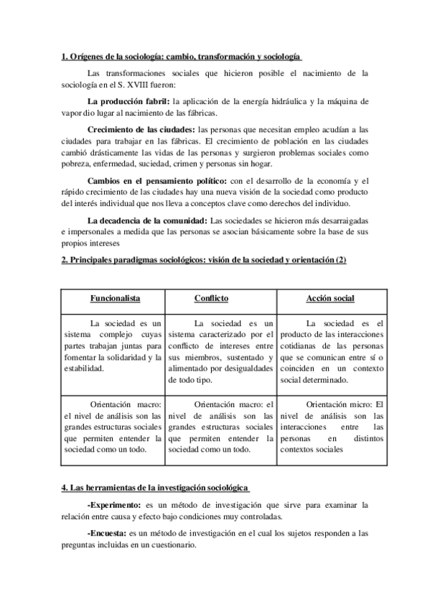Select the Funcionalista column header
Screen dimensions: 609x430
(x=115, y=298)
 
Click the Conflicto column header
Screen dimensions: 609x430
(x=211, y=298)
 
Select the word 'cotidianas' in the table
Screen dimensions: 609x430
(x=299, y=345)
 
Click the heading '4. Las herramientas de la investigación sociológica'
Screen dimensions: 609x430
(x=155, y=488)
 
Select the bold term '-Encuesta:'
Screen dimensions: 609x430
(x=106, y=534)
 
